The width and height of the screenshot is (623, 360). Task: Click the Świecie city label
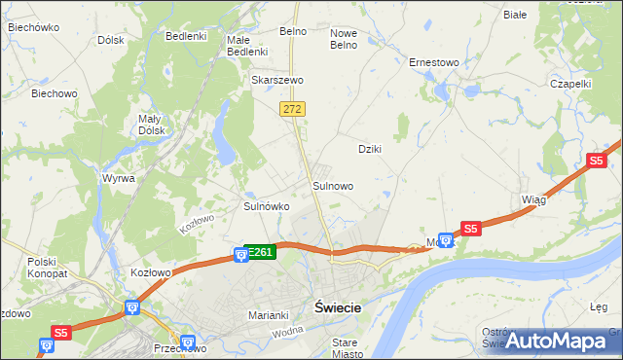(x=338, y=306)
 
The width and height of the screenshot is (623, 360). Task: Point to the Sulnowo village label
(x=332, y=185)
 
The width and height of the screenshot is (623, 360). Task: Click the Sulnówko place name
(x=266, y=206)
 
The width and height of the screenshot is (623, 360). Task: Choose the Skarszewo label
(x=277, y=80)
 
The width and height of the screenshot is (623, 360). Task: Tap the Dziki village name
(x=369, y=149)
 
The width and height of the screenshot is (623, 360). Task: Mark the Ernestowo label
(x=433, y=62)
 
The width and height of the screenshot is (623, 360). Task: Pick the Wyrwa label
(x=118, y=178)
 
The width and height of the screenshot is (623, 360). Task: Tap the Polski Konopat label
(x=42, y=268)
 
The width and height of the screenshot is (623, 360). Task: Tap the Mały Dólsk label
(x=149, y=125)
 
